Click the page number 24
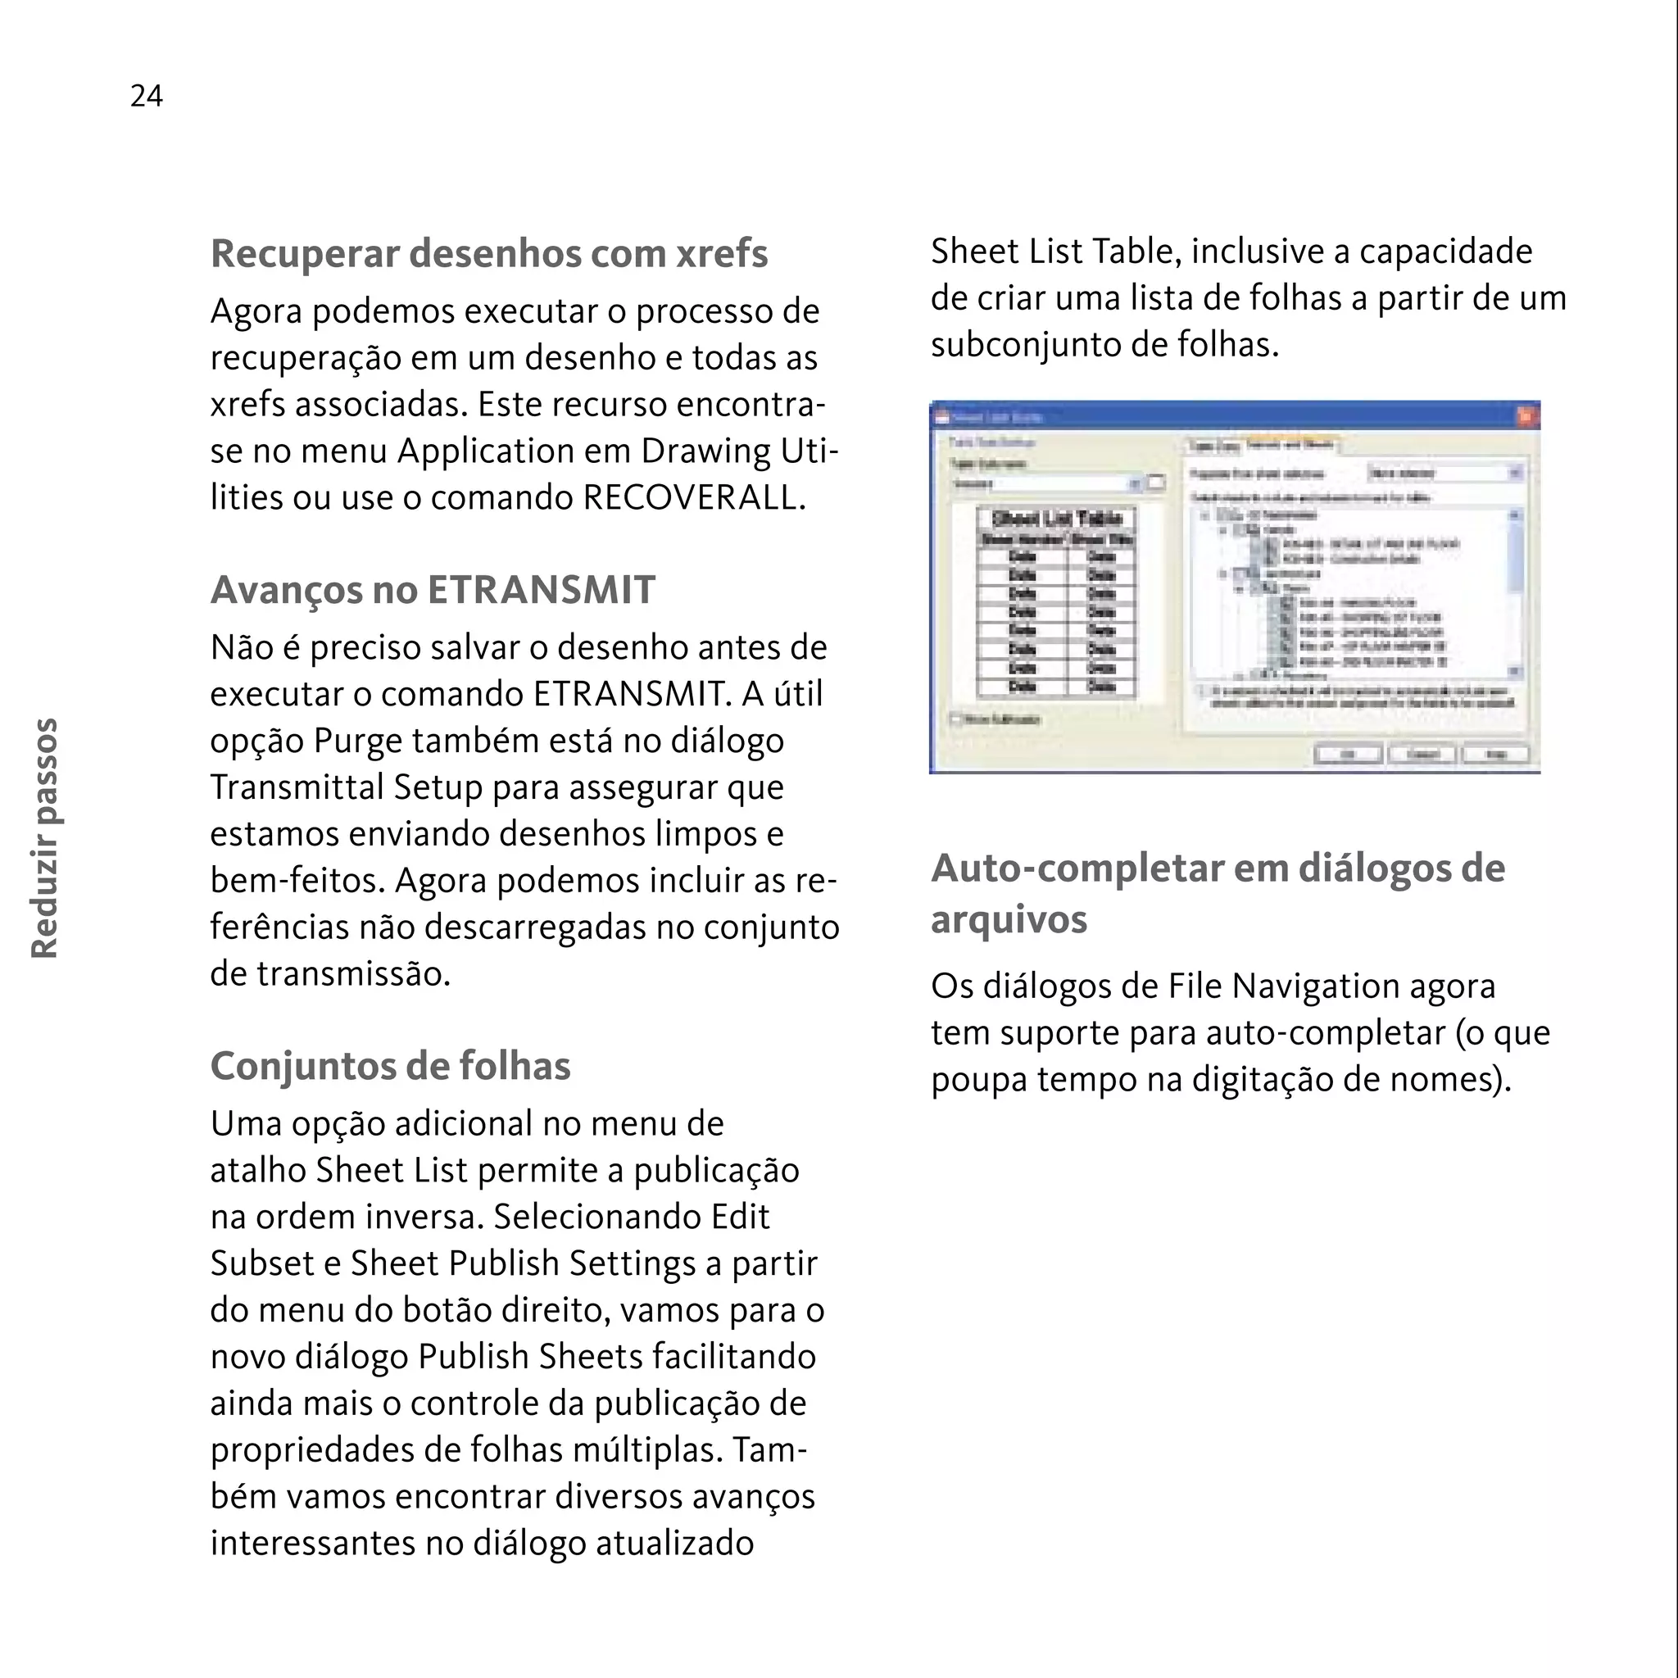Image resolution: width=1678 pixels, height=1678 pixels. pyautogui.click(x=146, y=96)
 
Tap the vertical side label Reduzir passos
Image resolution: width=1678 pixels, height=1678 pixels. pyautogui.click(x=44, y=837)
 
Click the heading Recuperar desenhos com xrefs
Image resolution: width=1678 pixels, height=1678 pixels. pyautogui.click(x=489, y=254)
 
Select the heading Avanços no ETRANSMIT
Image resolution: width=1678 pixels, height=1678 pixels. pyautogui.click(x=433, y=590)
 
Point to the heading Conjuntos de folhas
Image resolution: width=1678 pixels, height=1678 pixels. pyautogui.click(x=390, y=1066)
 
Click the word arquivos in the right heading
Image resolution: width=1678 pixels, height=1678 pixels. pyautogui.click(x=1009, y=920)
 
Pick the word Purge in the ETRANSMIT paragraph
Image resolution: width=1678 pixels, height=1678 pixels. pyautogui.click(x=351, y=741)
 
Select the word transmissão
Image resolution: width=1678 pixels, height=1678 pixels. pyautogui.click(x=353, y=973)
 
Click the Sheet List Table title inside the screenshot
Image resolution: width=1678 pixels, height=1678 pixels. pyautogui.click(x=1056, y=519)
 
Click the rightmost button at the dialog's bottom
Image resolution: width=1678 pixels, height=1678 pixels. pyautogui.click(x=1494, y=753)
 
